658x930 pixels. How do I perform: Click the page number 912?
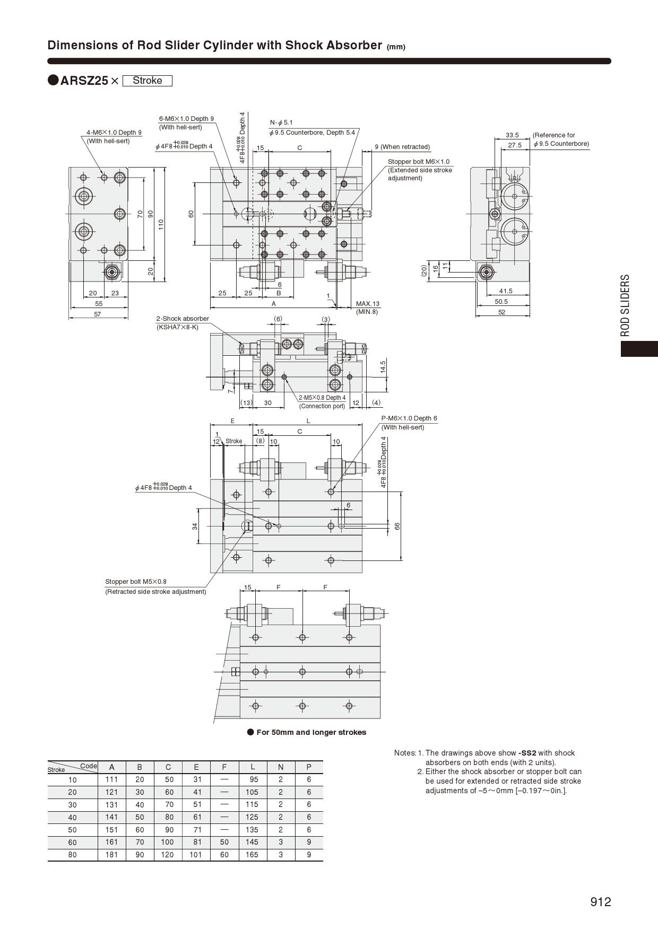[601, 902]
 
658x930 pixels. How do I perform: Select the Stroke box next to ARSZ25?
[147, 81]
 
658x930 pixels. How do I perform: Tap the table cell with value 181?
[111, 855]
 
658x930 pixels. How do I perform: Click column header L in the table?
[253, 767]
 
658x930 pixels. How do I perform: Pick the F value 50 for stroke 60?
[224, 842]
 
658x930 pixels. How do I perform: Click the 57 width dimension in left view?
[98, 314]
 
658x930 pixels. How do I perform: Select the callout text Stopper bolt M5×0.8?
[136, 582]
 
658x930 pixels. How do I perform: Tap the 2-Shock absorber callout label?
[183, 319]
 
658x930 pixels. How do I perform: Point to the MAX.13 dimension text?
[368, 304]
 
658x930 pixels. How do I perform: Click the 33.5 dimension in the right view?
[512, 135]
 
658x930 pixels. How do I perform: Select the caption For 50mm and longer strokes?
[311, 732]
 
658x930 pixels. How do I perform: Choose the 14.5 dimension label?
[383, 367]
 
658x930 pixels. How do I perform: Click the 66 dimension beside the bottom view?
[397, 526]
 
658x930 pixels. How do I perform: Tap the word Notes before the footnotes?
[404, 753]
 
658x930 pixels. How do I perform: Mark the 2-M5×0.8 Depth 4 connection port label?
[322, 398]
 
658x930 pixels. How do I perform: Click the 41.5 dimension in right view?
[506, 291]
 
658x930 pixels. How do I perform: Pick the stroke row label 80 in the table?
[72, 855]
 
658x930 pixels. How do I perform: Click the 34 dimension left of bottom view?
[195, 526]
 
